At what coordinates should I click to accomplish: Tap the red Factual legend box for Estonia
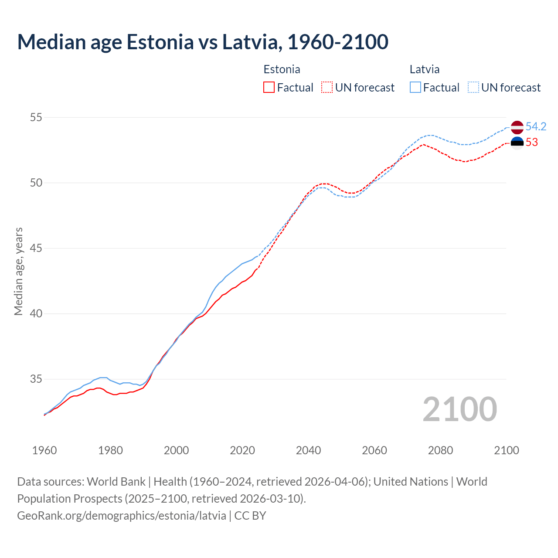[x=269, y=88]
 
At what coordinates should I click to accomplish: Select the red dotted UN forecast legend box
[x=327, y=88]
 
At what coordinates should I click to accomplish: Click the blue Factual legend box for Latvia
[x=415, y=88]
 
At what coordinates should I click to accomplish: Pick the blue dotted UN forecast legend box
[x=473, y=88]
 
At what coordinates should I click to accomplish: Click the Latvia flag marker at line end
[x=517, y=127]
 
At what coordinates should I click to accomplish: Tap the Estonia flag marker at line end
[x=517, y=143]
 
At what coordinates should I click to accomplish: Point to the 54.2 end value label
[x=536, y=127]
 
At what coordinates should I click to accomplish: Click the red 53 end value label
[x=532, y=143]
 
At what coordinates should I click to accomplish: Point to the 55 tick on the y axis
[x=36, y=117]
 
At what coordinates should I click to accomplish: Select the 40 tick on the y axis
[x=36, y=314]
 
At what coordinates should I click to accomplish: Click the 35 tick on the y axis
[x=36, y=379]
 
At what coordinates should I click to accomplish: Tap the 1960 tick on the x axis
[x=44, y=450]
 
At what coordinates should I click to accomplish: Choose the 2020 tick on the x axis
[x=242, y=450]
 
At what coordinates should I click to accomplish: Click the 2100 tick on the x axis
[x=507, y=450]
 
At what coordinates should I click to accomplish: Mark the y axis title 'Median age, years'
[x=18, y=271]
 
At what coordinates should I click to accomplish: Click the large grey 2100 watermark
[x=460, y=409]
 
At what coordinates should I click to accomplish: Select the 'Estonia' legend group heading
[x=282, y=69]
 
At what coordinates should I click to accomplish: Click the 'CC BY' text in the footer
[x=250, y=516]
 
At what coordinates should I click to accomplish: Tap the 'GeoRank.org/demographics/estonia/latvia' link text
[x=122, y=516]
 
